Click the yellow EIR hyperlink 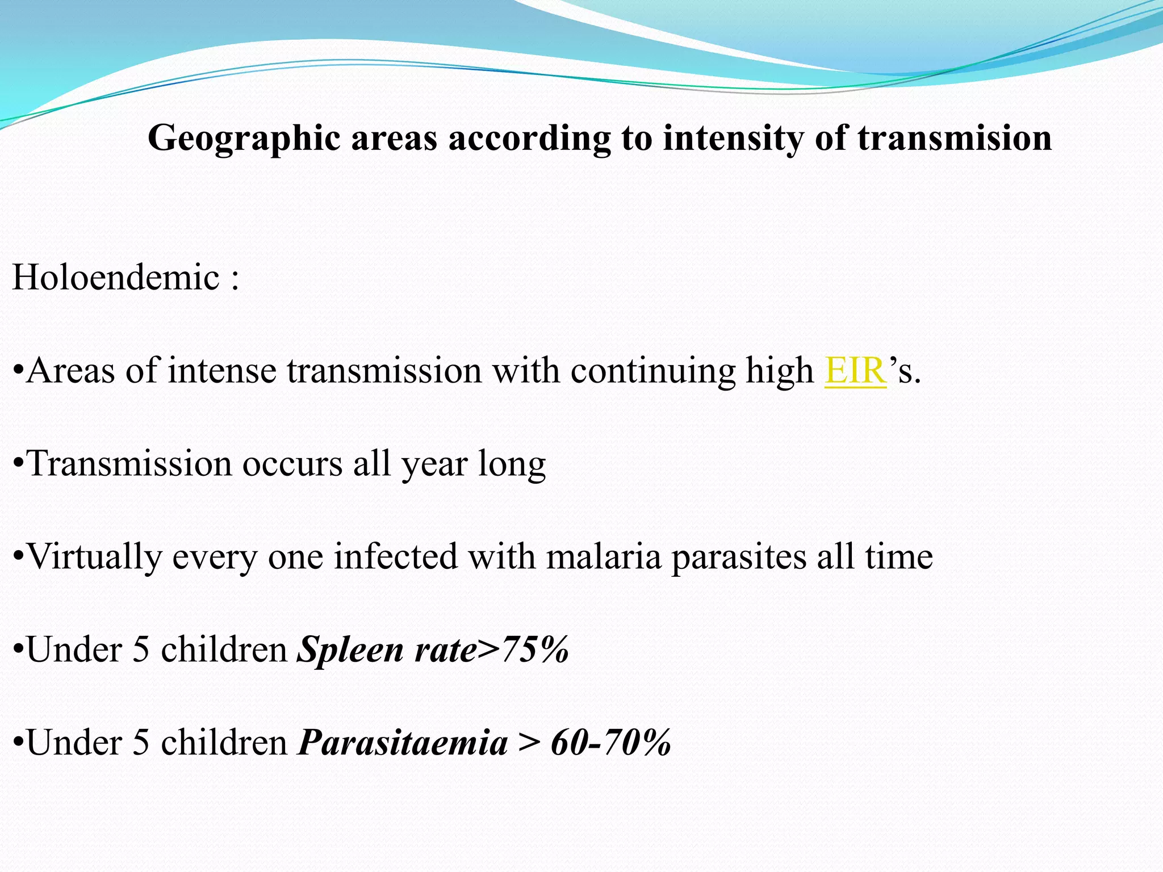coord(855,371)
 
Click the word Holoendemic coord(116,278)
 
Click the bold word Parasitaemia coord(403,743)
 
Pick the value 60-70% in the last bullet coord(611,743)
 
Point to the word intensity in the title coord(733,139)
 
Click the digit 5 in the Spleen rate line coord(141,649)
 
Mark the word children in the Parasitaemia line coord(224,743)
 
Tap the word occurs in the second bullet coord(292,464)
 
